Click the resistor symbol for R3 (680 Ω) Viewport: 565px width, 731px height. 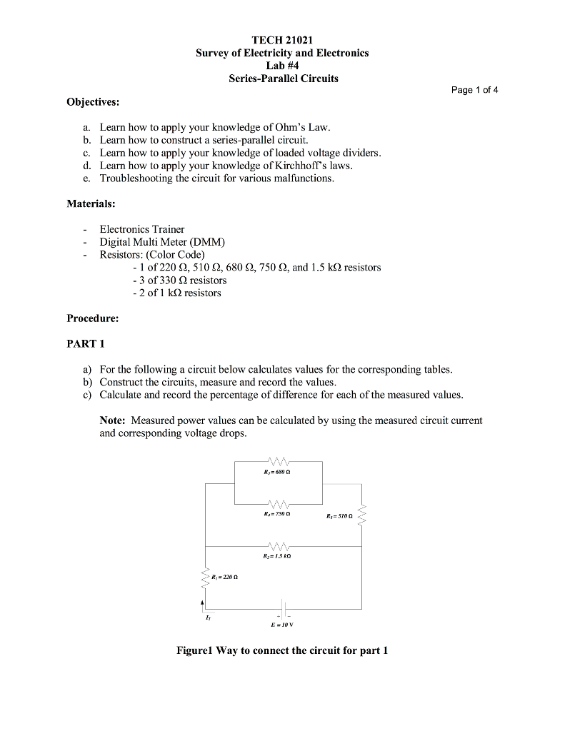pos(279,460)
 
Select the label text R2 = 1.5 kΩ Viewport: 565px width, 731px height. pos(279,555)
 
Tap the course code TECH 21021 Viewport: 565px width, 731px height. pos(283,40)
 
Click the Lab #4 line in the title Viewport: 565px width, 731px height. pos(283,66)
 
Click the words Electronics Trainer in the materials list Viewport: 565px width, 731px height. pos(141,229)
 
